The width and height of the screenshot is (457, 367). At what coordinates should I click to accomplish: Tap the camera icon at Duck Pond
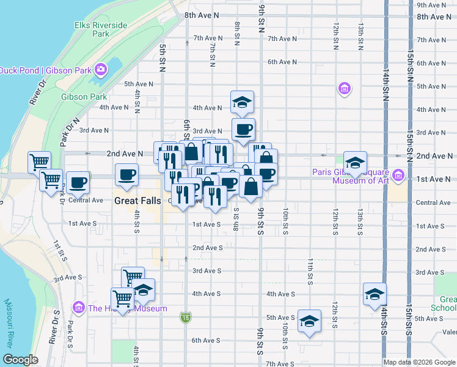point(100,69)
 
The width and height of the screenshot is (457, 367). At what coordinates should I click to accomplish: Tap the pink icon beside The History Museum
point(78,307)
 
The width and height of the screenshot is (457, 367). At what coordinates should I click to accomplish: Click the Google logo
point(21,359)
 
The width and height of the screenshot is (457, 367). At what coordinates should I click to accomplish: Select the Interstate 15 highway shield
point(185,317)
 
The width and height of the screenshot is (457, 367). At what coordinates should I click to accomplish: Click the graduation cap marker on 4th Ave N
point(242,102)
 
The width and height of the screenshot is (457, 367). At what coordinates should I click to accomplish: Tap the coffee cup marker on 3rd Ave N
point(243,130)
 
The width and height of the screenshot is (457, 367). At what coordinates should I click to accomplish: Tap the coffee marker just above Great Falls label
point(126,175)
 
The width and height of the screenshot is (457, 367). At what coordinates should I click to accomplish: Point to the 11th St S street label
point(310,272)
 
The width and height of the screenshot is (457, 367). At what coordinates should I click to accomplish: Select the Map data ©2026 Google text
point(419,362)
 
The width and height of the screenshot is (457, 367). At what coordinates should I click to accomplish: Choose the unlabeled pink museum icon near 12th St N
point(345,89)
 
